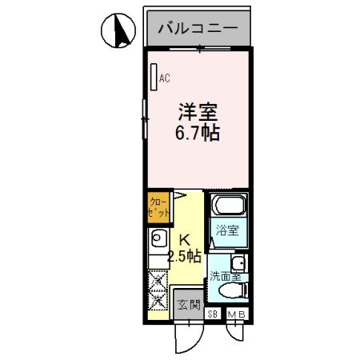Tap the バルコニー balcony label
pyautogui.click(x=198, y=29)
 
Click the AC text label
pyautogui.click(x=165, y=78)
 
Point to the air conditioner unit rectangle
pyautogui.click(x=154, y=78)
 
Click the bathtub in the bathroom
pyautogui.click(x=228, y=207)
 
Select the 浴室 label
pyautogui.click(x=228, y=231)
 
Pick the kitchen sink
pyautogui.click(x=157, y=238)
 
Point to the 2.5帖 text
pyautogui.click(x=184, y=256)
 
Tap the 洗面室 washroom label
pyautogui.click(x=223, y=277)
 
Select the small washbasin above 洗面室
pyautogui.click(x=238, y=263)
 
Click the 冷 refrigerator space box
pyautogui.click(x=157, y=279)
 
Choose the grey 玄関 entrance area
pyautogui.click(x=189, y=305)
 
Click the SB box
pyautogui.click(x=213, y=314)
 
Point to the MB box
pyautogui.click(x=237, y=314)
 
